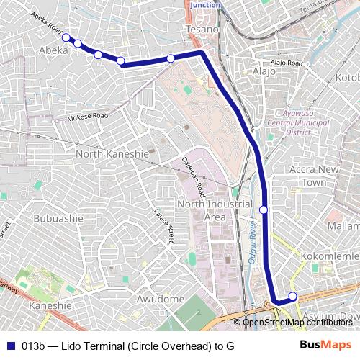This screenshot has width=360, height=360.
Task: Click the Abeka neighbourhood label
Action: pyautogui.click(x=54, y=50)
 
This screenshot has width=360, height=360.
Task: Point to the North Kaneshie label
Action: pyautogui.click(x=112, y=154)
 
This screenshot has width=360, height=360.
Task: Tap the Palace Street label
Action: pyautogui.click(x=165, y=226)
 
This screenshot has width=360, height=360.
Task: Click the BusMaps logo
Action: pyautogui.click(x=325, y=345)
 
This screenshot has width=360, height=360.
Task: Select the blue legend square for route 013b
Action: pyautogui.click(x=11, y=346)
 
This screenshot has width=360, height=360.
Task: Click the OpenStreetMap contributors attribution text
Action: pyautogui.click(x=297, y=322)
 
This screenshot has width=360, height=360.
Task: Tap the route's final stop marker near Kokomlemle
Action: pyautogui.click(x=292, y=297)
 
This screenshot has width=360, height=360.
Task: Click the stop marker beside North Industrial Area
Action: pyautogui.click(x=264, y=210)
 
